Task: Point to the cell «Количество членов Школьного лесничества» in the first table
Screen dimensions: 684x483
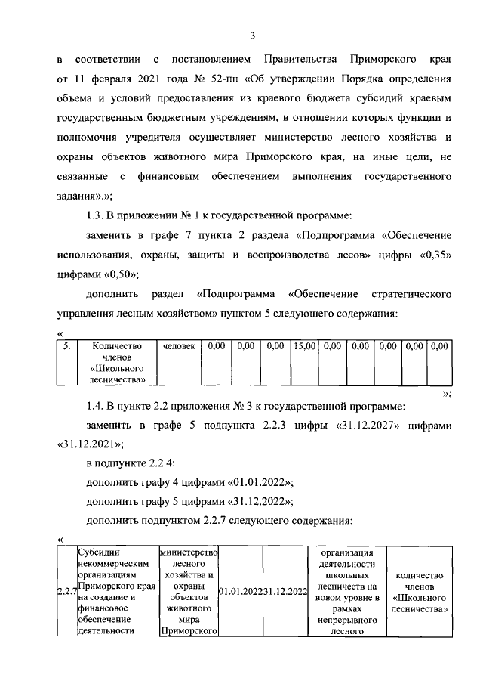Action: [x=117, y=362]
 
